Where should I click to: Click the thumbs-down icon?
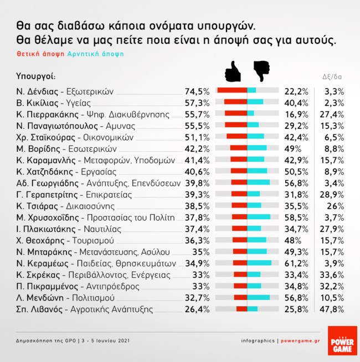click(261, 71)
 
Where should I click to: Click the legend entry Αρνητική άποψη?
click(96, 54)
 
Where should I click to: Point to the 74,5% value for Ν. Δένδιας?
click(197, 91)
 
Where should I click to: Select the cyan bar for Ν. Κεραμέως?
click(259, 262)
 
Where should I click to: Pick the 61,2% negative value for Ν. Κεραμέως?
click(296, 263)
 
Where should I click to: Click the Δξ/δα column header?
click(332, 77)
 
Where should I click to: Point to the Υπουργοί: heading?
click(37, 76)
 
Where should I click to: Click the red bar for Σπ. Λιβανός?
click(241, 309)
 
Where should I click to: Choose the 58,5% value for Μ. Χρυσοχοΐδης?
click(296, 217)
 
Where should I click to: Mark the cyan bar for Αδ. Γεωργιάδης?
click(259, 182)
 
